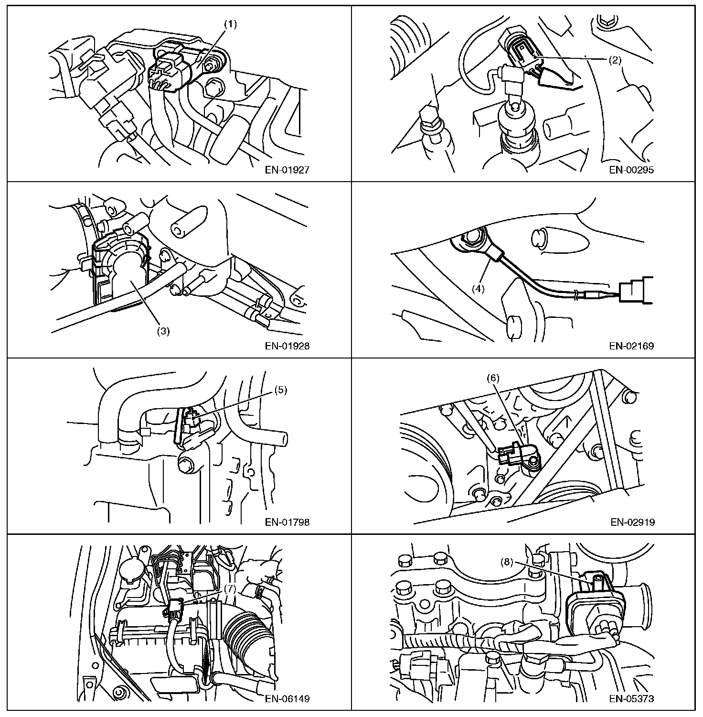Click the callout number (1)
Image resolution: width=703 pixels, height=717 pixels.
coord(231,25)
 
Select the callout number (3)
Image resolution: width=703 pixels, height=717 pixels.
coord(163,331)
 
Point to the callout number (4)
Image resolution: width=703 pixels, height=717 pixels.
coord(478,289)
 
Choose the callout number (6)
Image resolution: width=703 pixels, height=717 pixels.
coord(493,378)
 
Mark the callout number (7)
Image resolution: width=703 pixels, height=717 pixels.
coord(230,589)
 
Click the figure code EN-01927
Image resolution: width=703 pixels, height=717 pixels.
coord(287,169)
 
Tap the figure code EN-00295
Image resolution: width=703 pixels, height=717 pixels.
coord(631,169)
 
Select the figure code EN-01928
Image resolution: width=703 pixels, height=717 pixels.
coord(287,346)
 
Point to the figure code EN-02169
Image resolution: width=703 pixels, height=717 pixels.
coord(631,346)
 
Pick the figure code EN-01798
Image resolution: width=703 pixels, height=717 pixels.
coord(287,522)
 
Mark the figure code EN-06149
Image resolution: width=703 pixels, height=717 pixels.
coord(287,698)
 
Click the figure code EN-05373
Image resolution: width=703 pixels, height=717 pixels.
coord(631,698)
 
